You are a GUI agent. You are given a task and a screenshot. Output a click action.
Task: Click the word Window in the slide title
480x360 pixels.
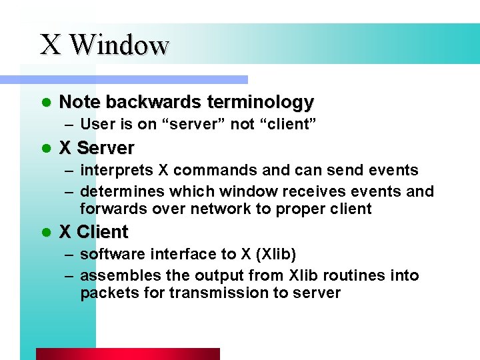click(119, 45)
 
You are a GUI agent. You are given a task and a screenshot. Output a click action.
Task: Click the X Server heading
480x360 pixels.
click(97, 147)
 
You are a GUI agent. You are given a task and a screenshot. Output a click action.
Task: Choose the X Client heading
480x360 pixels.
click(93, 232)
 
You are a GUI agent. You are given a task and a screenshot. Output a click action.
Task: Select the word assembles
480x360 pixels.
click(115, 276)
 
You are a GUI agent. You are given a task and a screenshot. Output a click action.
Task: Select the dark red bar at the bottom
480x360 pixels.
click(127, 354)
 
